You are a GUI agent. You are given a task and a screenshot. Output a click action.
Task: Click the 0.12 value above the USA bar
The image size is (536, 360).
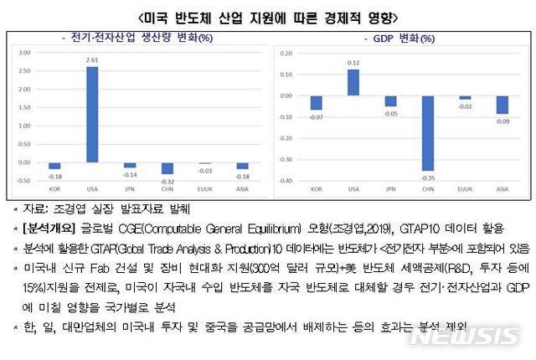(x=353, y=63)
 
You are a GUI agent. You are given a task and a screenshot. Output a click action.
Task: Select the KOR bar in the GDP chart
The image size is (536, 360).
(x=316, y=102)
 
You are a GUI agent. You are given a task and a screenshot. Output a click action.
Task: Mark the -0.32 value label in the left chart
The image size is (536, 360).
(x=167, y=180)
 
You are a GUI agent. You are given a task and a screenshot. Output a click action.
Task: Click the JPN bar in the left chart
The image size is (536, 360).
(x=130, y=166)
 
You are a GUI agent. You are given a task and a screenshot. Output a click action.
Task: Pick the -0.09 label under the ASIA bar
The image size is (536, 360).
(x=502, y=121)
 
